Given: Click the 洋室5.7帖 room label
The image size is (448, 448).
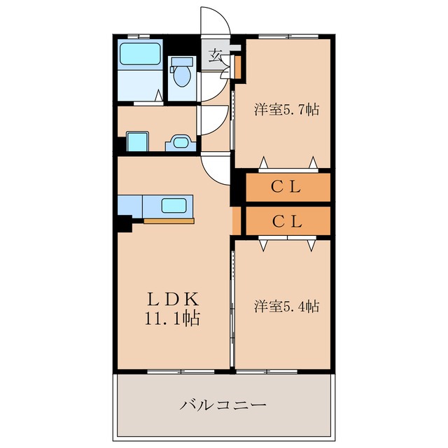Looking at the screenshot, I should point(286,109).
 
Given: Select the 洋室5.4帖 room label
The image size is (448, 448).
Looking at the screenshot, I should point(286,306).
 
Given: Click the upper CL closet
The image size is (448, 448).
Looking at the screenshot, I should point(286,187).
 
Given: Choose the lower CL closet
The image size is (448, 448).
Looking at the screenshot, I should point(286,221).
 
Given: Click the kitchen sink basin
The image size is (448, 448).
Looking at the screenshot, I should point(174,206).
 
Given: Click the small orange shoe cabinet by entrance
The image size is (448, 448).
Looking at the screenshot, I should point(237,67).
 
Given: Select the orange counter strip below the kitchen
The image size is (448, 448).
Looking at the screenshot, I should point(169,221).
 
